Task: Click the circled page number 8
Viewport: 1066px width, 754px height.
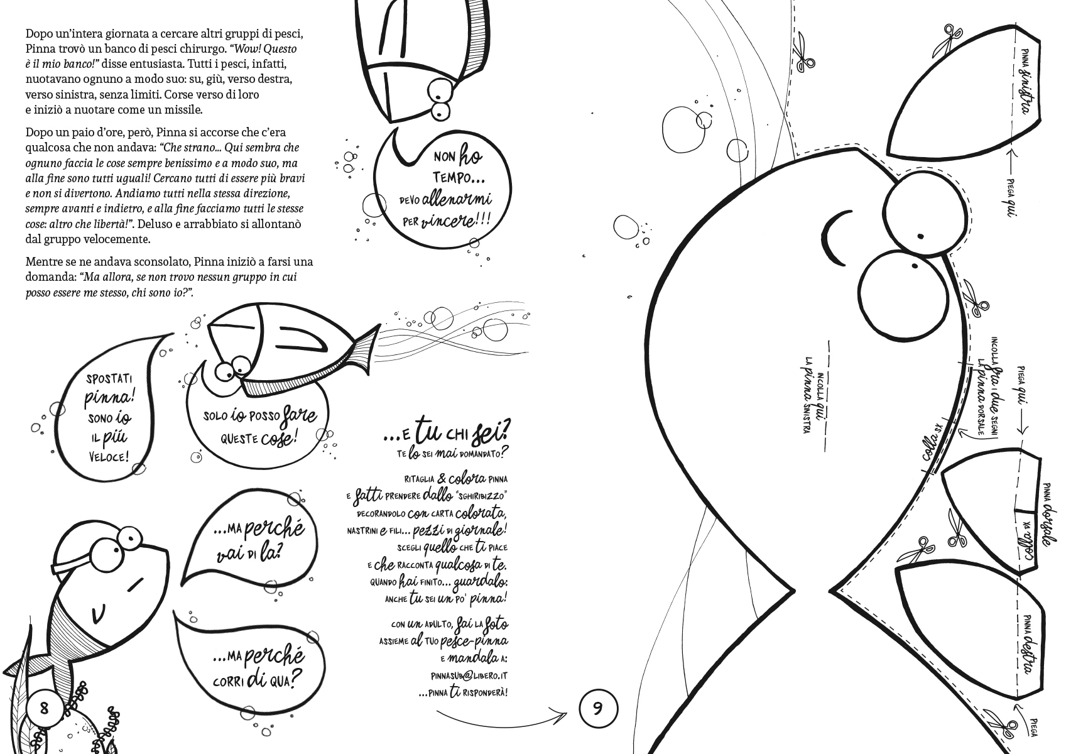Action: (x=44, y=708)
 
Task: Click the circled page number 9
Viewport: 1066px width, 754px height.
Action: (x=598, y=709)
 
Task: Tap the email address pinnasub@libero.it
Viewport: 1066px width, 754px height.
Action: (x=469, y=676)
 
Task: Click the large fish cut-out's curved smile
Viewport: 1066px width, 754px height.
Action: (x=833, y=238)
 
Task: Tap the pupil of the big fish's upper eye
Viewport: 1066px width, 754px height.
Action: (x=920, y=236)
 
